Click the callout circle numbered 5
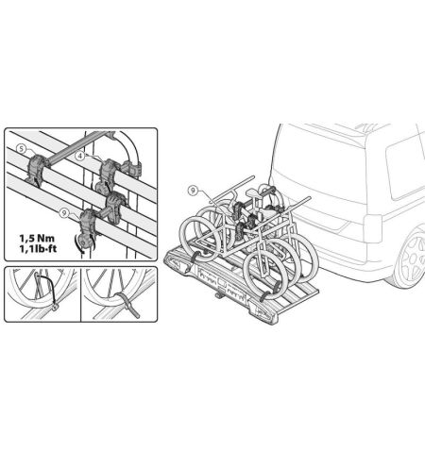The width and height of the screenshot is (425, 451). (21, 148)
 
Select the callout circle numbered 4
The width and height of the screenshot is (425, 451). (80, 156)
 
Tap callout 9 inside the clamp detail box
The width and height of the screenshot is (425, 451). (64, 213)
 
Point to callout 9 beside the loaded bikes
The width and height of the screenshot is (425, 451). (193, 190)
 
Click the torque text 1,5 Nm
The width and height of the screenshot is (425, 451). (37, 238)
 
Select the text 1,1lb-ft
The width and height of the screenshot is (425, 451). (38, 249)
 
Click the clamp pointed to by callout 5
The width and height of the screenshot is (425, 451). (36, 169)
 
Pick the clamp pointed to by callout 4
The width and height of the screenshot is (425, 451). (108, 174)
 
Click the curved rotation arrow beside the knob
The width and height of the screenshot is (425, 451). (76, 244)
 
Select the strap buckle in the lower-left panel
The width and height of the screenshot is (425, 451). (55, 307)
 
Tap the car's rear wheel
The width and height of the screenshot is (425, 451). (410, 260)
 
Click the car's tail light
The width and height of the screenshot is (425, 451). (372, 228)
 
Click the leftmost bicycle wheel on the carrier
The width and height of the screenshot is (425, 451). (199, 237)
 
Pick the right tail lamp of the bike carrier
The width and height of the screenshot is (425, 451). (263, 311)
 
